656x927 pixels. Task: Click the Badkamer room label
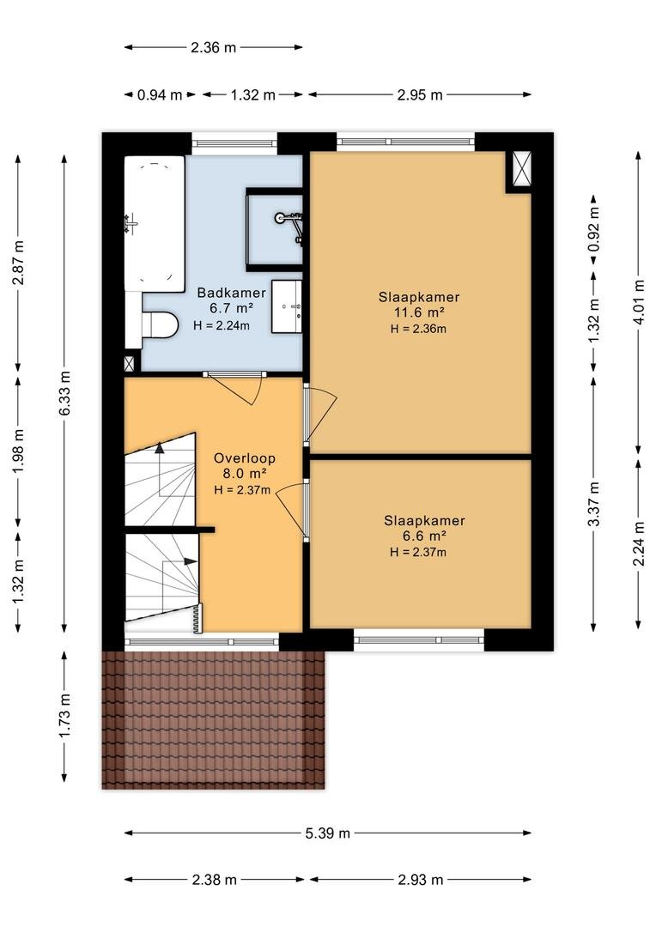pyautogui.click(x=231, y=293)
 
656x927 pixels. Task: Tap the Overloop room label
pyautogui.click(x=245, y=458)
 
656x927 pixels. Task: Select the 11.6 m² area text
pyautogui.click(x=419, y=312)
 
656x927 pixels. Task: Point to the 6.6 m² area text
pyautogui.click(x=423, y=536)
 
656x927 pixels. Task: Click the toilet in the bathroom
pyautogui.click(x=160, y=325)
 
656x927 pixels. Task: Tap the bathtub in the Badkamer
pyautogui.click(x=155, y=224)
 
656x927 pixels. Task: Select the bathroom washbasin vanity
pyautogui.click(x=286, y=306)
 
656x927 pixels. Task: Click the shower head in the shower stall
pyautogui.click(x=281, y=217)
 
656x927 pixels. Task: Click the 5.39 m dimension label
pyautogui.click(x=328, y=833)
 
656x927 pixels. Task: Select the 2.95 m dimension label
pyautogui.click(x=419, y=94)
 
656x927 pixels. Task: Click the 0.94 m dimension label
pyautogui.click(x=160, y=94)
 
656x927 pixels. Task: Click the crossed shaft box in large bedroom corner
pyautogui.click(x=522, y=168)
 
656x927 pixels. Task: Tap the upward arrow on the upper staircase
pyautogui.click(x=159, y=447)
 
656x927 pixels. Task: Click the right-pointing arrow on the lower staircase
pyautogui.click(x=191, y=561)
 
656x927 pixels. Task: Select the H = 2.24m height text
pyautogui.click(x=222, y=325)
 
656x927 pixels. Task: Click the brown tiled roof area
pyautogui.click(x=214, y=719)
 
